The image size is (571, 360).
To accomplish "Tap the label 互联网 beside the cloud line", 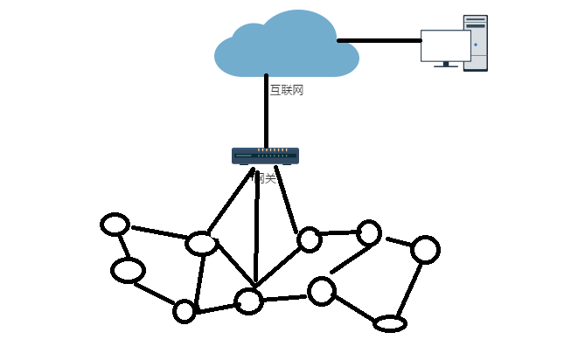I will [x=286, y=90].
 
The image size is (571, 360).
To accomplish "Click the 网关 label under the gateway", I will [x=265, y=178].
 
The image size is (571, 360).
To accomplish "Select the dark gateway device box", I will [x=265, y=156].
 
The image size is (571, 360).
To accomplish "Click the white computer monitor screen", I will [x=445, y=45].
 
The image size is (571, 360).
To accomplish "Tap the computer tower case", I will [x=476, y=43].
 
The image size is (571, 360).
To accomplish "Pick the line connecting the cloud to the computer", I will [x=380, y=40].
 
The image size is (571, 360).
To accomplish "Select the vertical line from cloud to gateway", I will [x=267, y=114].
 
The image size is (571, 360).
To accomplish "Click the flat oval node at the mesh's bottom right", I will [x=390, y=324].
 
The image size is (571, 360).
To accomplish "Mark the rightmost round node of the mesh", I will [x=425, y=250].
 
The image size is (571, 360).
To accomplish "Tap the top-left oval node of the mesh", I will [x=115, y=225].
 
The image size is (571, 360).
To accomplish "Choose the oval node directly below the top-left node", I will [x=128, y=271].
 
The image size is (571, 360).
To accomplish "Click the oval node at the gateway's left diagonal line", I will [x=202, y=244].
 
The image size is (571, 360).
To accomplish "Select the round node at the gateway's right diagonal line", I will [x=309, y=239].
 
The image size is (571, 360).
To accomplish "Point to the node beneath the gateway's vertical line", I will [x=249, y=301].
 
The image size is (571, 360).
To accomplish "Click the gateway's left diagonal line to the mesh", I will [x=230, y=201].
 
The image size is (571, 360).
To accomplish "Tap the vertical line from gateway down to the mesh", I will [x=257, y=227].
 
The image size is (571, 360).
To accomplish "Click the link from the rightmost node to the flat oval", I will [x=409, y=289].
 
